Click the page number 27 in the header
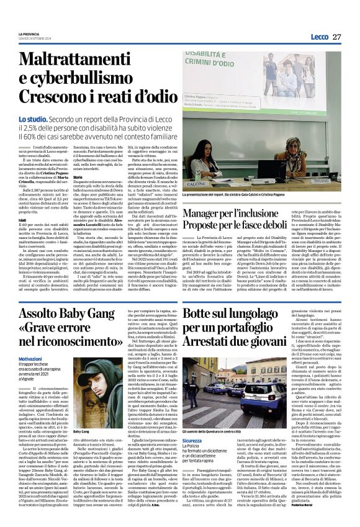click(x=336, y=36)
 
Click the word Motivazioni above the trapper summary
click(x=31, y=359)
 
